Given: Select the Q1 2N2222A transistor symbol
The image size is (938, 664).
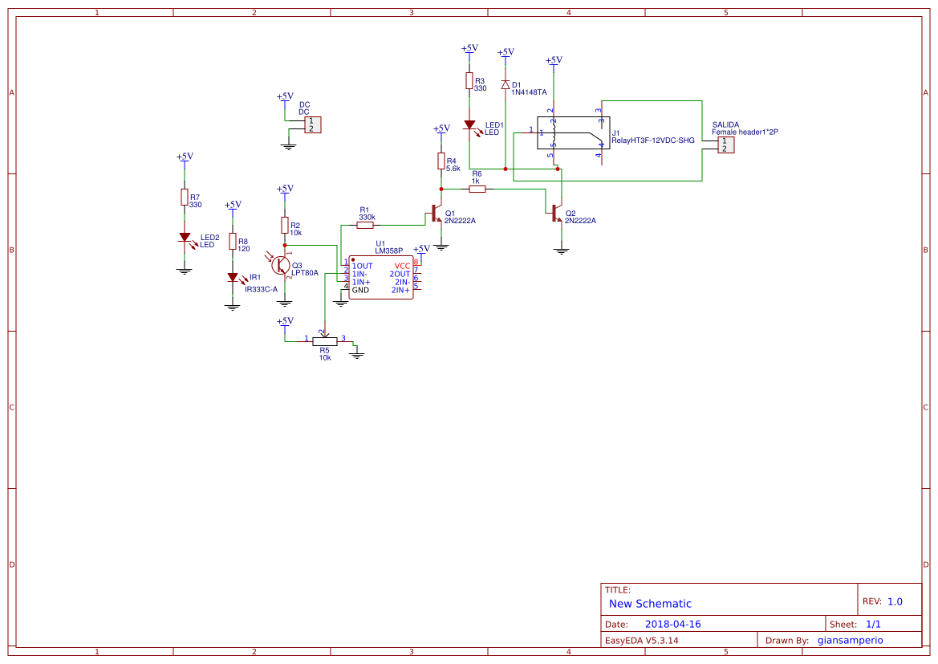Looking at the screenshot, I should (x=437, y=214).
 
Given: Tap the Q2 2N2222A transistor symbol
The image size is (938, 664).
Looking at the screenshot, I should (x=558, y=214).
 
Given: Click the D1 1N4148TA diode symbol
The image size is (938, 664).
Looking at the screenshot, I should (x=505, y=84).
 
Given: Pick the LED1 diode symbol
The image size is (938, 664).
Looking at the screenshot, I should (x=469, y=125).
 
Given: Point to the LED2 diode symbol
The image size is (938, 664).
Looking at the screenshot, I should (x=185, y=238).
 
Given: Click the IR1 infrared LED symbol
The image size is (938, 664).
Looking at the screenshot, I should (x=233, y=277).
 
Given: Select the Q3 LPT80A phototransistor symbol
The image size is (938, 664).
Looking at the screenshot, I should (x=281, y=265).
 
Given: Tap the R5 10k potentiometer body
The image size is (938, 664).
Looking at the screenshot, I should (x=324, y=340).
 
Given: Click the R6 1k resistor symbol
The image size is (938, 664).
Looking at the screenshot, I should (x=477, y=189).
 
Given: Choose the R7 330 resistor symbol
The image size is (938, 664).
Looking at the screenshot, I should (x=185, y=198).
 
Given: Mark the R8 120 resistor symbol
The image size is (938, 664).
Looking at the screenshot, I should (x=233, y=241).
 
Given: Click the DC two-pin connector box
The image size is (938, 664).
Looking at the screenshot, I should (x=313, y=124).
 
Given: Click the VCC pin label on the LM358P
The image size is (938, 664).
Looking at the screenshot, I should (x=402, y=266).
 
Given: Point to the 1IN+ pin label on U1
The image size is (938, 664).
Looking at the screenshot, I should (x=361, y=282).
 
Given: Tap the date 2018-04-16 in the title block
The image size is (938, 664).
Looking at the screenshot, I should (x=672, y=624).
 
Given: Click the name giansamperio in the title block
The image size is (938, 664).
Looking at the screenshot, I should (x=850, y=640).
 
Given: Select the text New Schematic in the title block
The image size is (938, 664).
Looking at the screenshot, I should (x=650, y=604).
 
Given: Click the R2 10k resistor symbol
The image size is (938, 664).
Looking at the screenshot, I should (x=284, y=225).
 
